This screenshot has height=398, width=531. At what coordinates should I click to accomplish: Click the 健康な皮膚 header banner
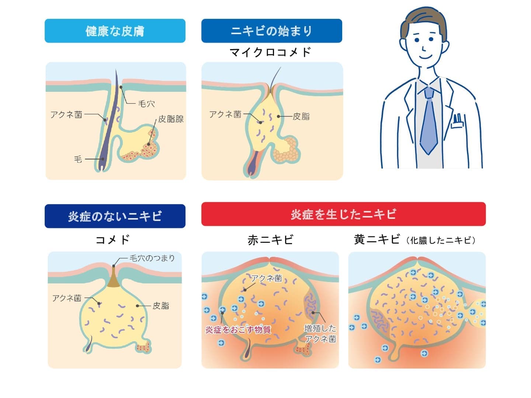[x=115, y=31]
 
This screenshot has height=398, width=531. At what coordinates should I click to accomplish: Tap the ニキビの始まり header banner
[x=271, y=31]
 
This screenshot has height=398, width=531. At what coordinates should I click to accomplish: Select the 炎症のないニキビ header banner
[x=115, y=216]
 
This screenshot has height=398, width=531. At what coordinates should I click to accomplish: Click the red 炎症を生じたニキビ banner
[x=343, y=214]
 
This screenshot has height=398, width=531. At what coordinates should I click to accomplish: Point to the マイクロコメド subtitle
[x=271, y=52]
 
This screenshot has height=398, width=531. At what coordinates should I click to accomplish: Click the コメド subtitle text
[x=113, y=240]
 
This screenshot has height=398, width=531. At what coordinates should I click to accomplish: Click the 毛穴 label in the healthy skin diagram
[x=146, y=104]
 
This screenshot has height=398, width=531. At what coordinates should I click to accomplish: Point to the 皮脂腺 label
[x=171, y=119]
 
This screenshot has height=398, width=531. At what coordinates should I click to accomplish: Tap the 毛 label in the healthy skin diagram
[x=78, y=159]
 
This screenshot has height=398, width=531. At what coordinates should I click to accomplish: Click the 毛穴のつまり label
[x=152, y=258]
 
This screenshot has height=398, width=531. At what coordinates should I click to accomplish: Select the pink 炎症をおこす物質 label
[x=238, y=329]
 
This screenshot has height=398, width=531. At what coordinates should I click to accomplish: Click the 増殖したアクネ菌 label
[x=320, y=334]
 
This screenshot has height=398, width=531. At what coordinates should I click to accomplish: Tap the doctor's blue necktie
[x=428, y=122]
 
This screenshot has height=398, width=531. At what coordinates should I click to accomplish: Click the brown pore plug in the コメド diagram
[x=114, y=280]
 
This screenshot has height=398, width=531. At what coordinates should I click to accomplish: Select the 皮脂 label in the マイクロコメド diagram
[x=301, y=116]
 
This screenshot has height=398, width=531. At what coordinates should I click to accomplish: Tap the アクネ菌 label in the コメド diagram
[x=67, y=298]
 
